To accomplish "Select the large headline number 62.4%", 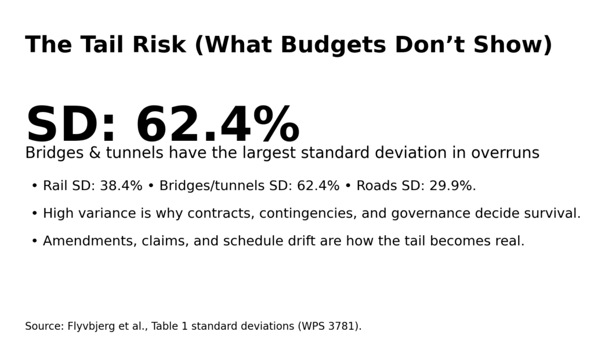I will click(x=218, y=126).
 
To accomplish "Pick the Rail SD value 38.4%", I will click(x=121, y=186).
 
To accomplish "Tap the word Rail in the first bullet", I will click(x=55, y=186).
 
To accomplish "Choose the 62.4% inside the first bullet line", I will click(x=318, y=186).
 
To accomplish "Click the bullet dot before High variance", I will click(x=34, y=214).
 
